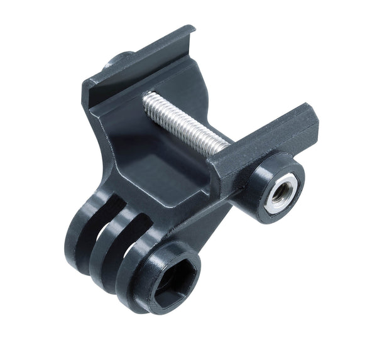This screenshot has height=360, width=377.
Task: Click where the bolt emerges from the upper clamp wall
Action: tap(148, 100)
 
